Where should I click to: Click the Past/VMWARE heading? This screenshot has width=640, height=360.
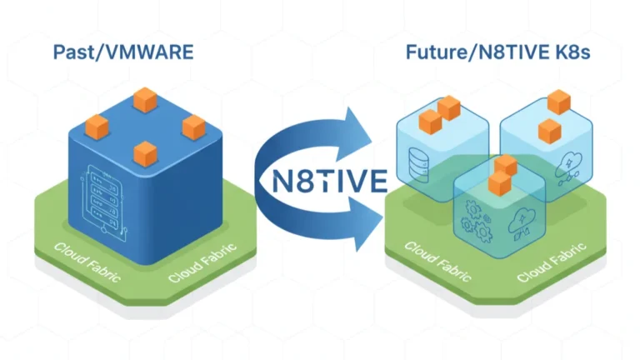(x=122, y=52)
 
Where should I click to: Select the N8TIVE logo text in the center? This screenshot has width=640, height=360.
(x=319, y=179)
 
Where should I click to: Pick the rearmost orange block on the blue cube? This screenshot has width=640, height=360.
(x=146, y=101)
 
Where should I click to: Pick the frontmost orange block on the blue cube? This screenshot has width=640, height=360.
(x=145, y=152)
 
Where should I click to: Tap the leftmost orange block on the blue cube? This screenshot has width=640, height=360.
(x=97, y=127)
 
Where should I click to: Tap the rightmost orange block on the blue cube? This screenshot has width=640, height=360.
(x=193, y=127)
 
